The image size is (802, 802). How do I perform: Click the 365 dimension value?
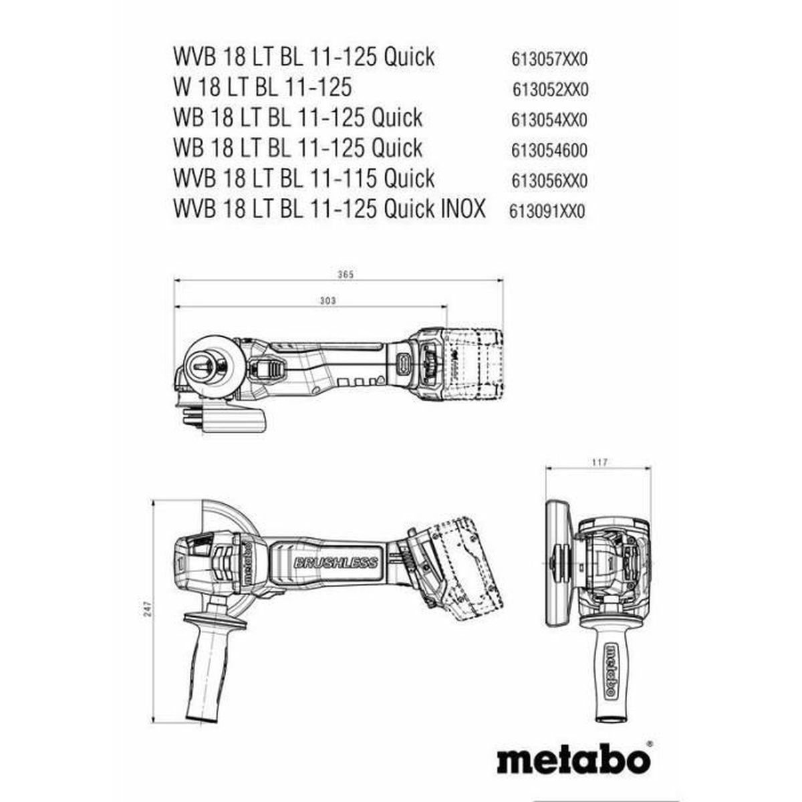click(x=343, y=274)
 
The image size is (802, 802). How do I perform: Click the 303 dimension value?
click(x=327, y=301)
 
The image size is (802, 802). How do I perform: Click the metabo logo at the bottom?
click(x=574, y=759)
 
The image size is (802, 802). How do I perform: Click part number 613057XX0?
click(x=549, y=59)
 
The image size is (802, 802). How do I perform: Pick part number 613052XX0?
click(x=550, y=90)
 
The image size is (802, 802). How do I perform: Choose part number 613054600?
click(x=549, y=150)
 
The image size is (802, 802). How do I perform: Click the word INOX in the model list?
click(x=462, y=209)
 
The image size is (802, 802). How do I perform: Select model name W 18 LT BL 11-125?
click(x=262, y=88)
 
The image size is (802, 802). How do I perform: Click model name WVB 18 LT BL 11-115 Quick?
click(x=303, y=178)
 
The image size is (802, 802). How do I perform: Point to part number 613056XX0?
click(x=549, y=180)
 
